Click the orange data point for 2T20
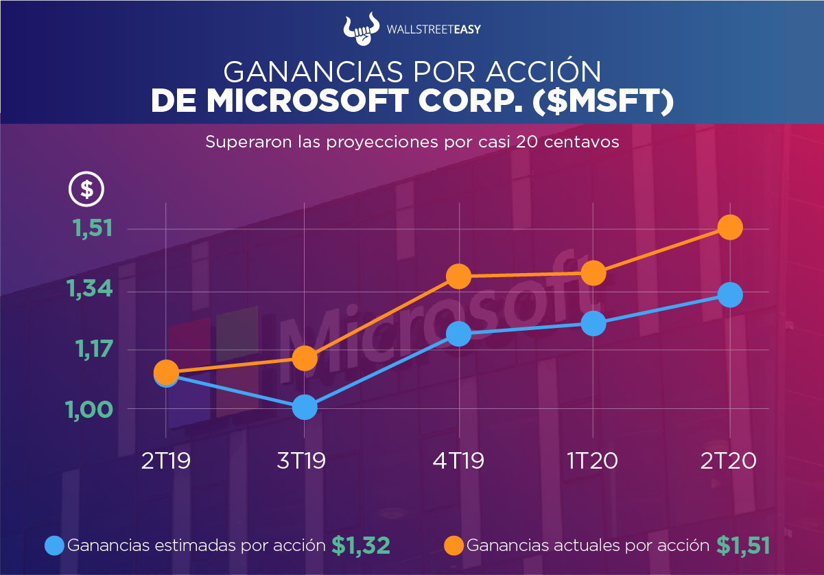tap(730, 227)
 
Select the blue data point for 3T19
tap(305, 408)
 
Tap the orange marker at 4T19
tap(458, 277)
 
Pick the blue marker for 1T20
tap(593, 323)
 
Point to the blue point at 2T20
tap(730, 295)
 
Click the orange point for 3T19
tap(305, 357)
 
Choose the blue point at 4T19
tap(458, 334)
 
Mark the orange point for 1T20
tap(593, 274)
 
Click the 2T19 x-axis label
tap(166, 460)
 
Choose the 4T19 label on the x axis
tap(458, 460)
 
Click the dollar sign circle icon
tap(86, 189)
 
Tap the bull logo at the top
tap(362, 28)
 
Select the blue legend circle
tap(54, 545)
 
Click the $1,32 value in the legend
tap(361, 545)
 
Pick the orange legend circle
tap(454, 545)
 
